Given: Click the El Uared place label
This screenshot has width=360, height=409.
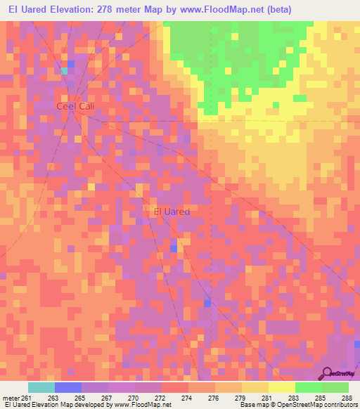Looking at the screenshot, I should click(172, 210).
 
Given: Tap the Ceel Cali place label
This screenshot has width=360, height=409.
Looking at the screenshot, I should click(75, 105).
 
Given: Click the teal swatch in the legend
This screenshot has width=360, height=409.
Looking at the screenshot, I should click(41, 387).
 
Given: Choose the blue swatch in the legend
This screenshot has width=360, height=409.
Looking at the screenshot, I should click(68, 387).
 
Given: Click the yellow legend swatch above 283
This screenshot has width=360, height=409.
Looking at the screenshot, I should click(282, 387).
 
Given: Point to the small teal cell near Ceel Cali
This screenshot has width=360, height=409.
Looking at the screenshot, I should click(65, 70).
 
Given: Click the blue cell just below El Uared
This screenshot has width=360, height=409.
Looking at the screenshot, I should click(174, 248).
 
